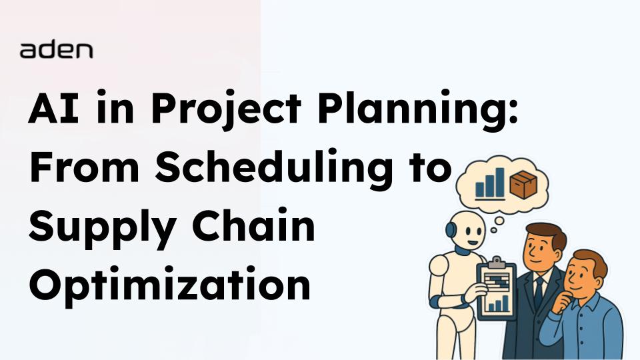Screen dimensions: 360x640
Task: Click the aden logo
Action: point(56,50)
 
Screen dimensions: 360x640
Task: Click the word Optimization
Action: point(169,287)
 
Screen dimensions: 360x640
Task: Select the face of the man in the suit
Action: point(542,247)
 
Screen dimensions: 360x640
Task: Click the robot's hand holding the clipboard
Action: point(475,291)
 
